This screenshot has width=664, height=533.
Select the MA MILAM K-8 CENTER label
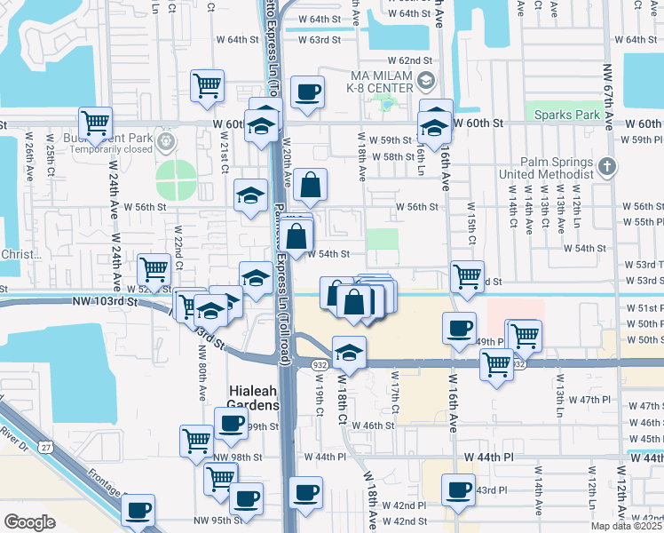point(371,82)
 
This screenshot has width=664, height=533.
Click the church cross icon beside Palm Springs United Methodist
point(606,166)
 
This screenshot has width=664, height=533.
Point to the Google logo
point(29,521)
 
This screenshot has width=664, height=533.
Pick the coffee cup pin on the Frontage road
point(138,510)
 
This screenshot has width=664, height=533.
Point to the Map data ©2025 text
point(627,525)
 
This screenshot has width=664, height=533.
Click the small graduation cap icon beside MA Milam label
point(425,82)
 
